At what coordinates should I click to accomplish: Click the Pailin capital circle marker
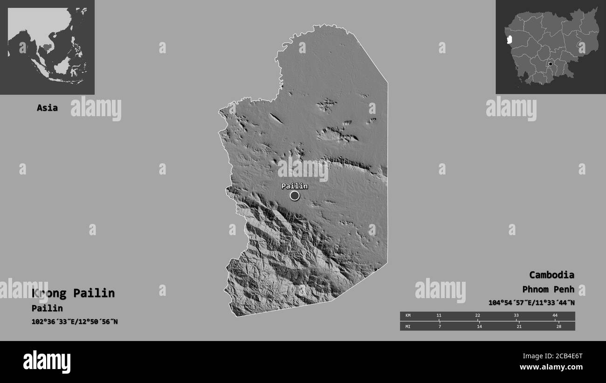click(295, 195)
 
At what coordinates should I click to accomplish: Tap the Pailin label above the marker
click(294, 186)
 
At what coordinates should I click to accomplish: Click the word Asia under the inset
click(48, 108)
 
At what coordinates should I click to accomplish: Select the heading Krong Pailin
click(73, 293)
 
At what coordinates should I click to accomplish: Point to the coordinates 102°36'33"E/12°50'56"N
click(75, 321)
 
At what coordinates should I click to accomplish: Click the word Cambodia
click(551, 274)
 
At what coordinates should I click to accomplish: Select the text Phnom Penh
click(548, 289)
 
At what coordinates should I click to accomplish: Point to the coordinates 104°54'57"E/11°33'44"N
click(531, 302)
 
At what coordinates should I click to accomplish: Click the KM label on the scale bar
click(408, 316)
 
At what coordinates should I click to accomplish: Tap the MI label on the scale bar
click(408, 326)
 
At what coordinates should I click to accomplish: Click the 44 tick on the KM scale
click(555, 316)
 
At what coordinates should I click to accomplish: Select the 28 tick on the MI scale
click(558, 326)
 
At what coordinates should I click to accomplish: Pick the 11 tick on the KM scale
click(439, 316)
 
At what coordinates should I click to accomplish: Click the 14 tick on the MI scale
click(479, 326)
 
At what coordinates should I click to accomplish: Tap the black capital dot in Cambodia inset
click(551, 64)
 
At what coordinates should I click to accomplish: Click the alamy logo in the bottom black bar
click(47, 362)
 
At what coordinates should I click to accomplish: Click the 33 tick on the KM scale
click(516, 316)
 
